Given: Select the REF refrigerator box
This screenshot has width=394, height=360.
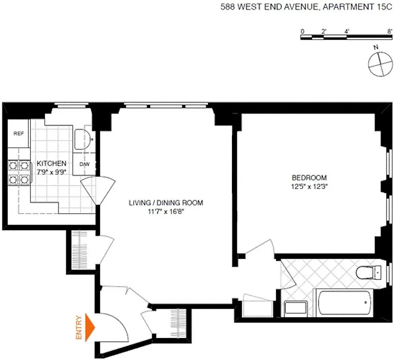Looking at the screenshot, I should click(18, 133).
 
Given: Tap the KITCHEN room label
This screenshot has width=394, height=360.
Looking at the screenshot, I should click(52, 163).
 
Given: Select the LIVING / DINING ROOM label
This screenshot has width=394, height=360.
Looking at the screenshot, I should click(166, 203).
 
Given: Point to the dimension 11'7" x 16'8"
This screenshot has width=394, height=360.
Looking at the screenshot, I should click(166, 211).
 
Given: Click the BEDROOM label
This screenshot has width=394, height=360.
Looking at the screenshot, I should click(309, 178).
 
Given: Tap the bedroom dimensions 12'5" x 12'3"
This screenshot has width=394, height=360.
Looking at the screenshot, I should click(309, 186).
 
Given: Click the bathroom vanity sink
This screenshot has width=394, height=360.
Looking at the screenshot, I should click(296, 308).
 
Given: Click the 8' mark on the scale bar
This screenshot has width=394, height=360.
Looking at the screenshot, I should click(389, 31).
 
